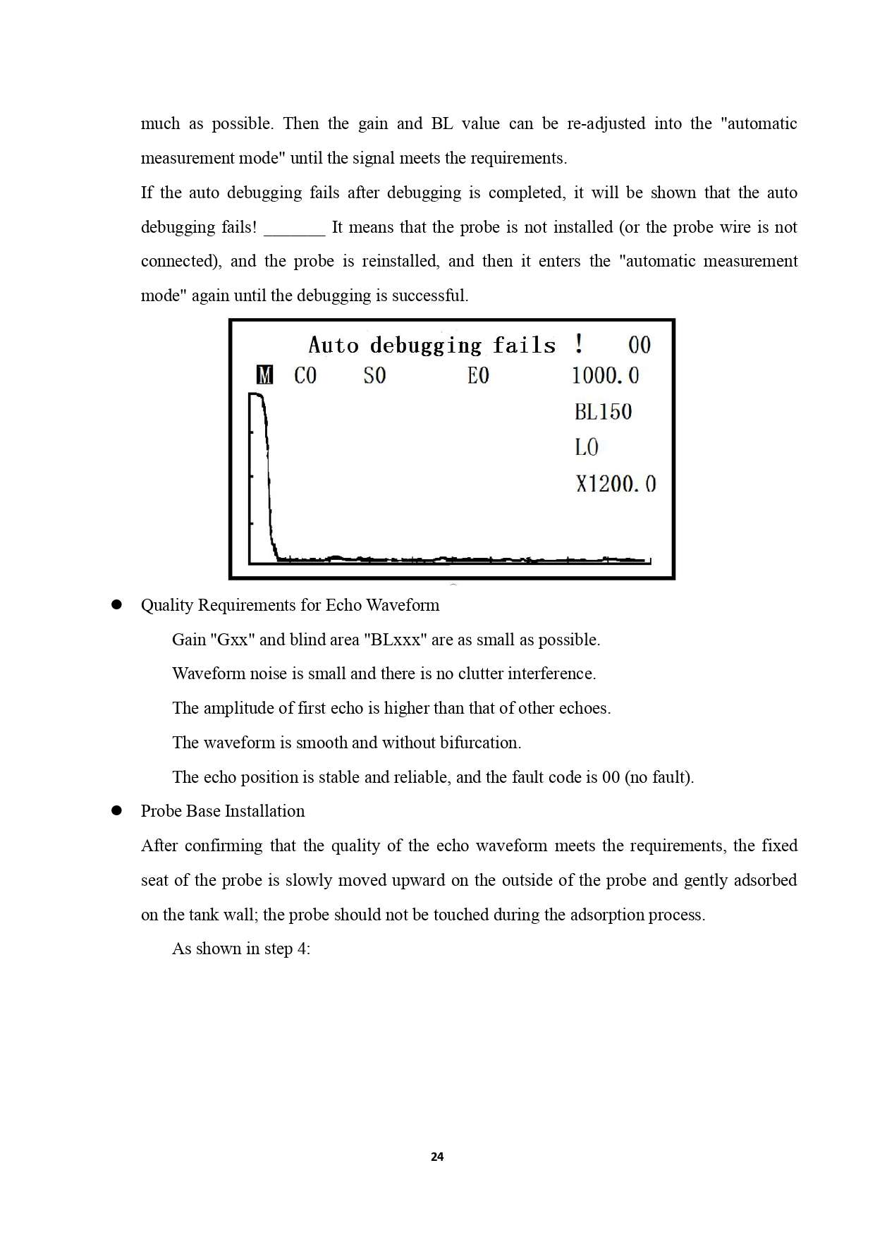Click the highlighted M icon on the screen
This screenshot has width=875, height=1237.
(x=264, y=375)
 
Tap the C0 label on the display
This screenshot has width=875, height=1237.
(x=305, y=375)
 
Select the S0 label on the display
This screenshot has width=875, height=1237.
(x=374, y=375)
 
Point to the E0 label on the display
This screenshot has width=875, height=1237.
(x=478, y=375)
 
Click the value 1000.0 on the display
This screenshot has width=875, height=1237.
(x=605, y=375)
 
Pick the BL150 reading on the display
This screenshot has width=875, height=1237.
(x=603, y=412)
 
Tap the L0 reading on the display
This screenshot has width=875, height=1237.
(x=587, y=447)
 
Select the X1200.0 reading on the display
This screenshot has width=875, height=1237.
(x=616, y=484)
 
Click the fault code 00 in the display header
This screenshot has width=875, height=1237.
(x=640, y=345)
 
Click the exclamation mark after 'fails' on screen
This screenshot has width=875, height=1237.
(x=578, y=344)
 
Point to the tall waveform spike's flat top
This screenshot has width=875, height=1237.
(x=255, y=396)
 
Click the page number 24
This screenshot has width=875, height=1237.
(x=437, y=1157)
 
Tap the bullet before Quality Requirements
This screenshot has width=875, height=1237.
(x=117, y=605)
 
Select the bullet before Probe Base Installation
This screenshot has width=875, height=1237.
(x=117, y=811)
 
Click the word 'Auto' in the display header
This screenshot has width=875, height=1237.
(x=334, y=345)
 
